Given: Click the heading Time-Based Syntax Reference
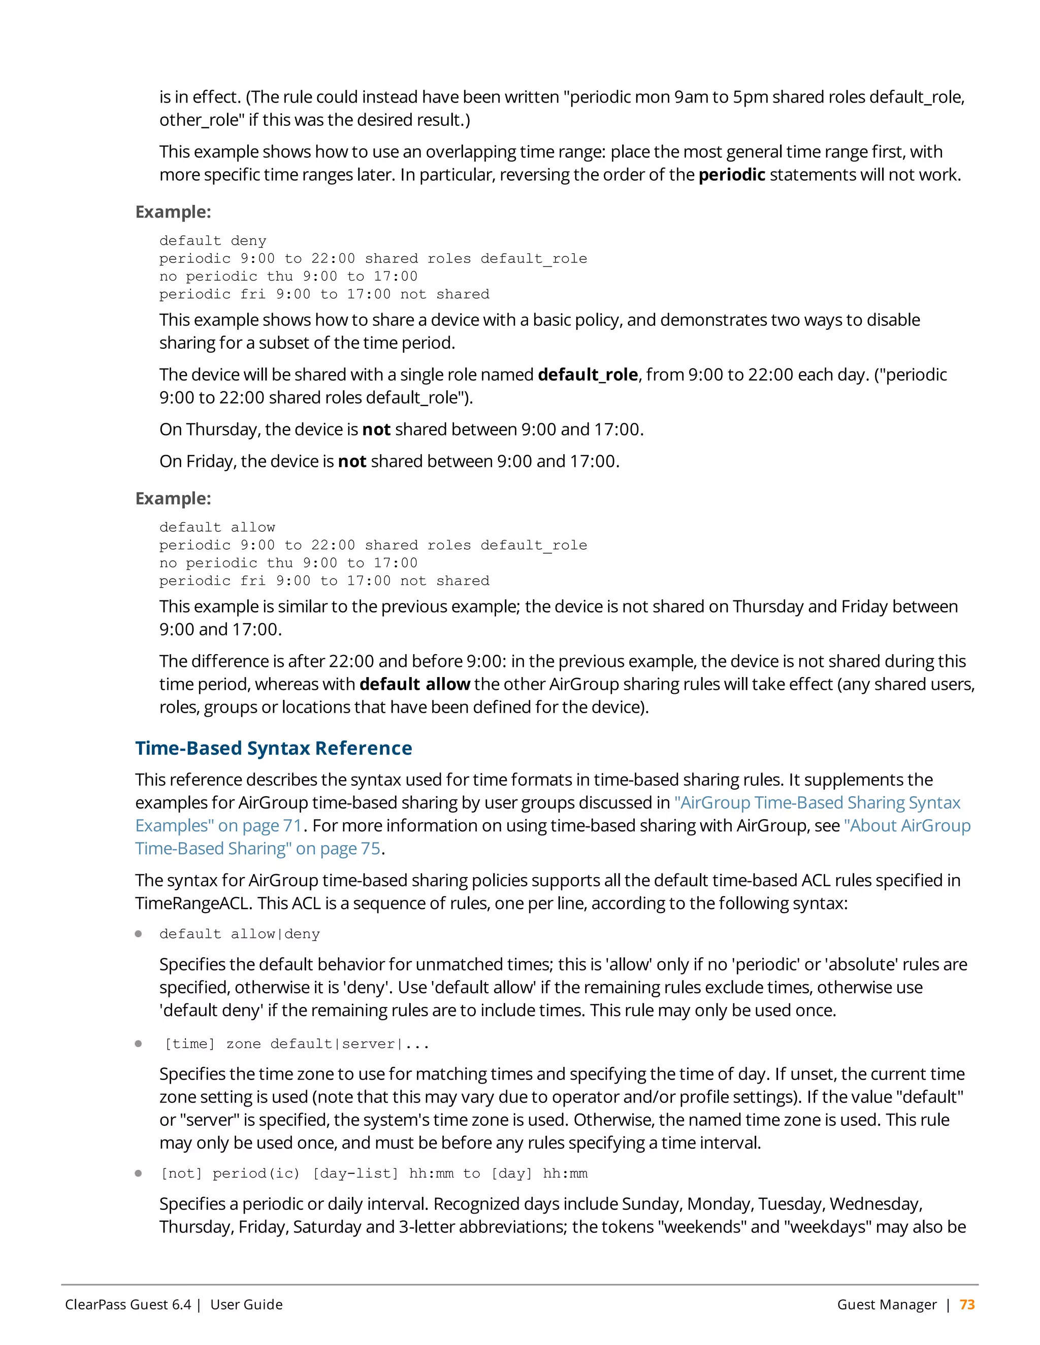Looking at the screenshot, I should tap(274, 748).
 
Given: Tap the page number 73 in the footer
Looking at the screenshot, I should tap(967, 1304).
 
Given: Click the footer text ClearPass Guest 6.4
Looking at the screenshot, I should tap(128, 1304).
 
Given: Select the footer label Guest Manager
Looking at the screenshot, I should tap(886, 1304).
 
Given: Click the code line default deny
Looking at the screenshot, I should tap(213, 241).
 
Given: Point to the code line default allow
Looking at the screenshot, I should tap(217, 527).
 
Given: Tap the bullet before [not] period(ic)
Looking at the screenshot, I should tap(139, 1173).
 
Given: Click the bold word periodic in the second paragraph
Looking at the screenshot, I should tap(731, 175).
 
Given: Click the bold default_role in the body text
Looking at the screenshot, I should tap(587, 375).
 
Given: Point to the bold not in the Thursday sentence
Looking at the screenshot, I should tap(376, 429).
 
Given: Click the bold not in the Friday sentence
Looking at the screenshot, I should tap(352, 461).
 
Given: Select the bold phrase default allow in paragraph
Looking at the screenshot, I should tap(415, 684).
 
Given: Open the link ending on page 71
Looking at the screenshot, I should tap(219, 825).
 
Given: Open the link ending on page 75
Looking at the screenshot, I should tap(257, 849).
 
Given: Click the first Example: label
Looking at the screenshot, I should tap(173, 212).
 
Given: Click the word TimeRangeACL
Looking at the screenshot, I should tap(193, 903).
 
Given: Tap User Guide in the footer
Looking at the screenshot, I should tap(246, 1304).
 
